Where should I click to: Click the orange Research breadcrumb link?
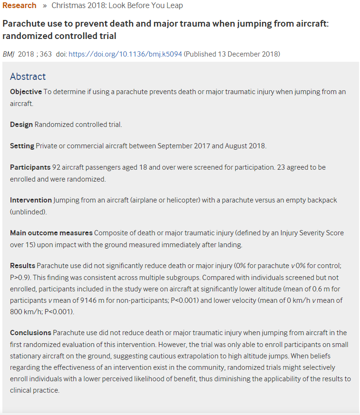(x=19, y=6)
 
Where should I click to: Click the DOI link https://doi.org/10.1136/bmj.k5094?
(x=125, y=54)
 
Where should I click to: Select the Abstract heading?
(x=28, y=77)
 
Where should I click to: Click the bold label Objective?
(x=26, y=91)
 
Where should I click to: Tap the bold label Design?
(x=21, y=125)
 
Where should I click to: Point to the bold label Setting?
(x=22, y=146)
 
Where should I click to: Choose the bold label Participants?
(x=30, y=167)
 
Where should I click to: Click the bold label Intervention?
(x=31, y=200)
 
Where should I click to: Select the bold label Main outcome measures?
(x=51, y=233)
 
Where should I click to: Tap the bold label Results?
(x=22, y=265)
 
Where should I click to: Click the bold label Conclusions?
(x=30, y=332)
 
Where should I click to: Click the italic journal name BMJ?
(x=9, y=54)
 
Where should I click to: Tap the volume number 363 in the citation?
(x=46, y=54)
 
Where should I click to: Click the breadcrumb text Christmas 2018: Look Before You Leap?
(x=117, y=6)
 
